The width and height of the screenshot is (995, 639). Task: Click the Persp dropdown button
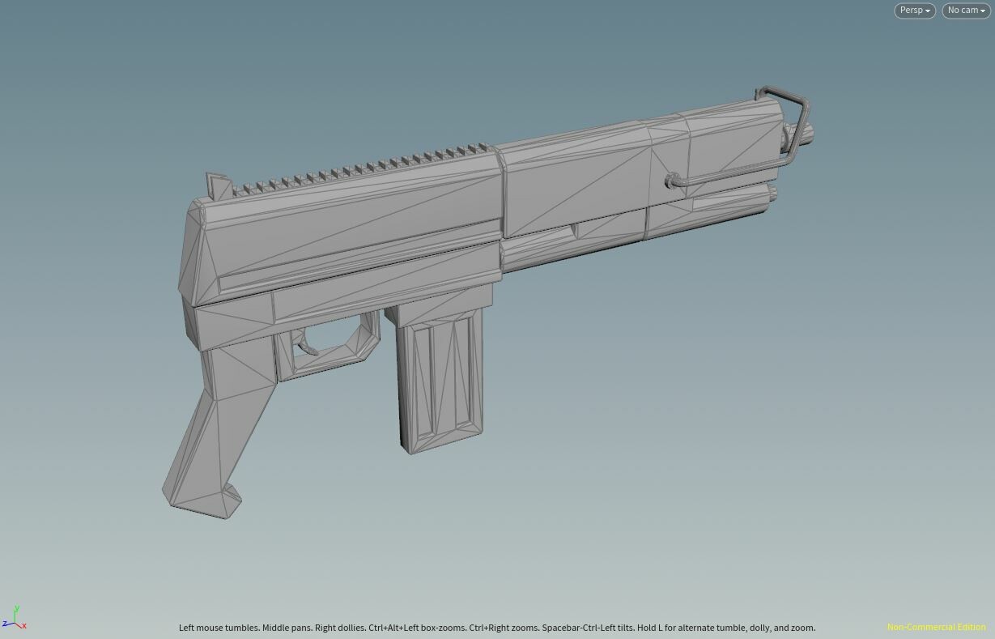pyautogui.click(x=914, y=11)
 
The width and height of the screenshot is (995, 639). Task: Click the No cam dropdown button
pyautogui.click(x=966, y=11)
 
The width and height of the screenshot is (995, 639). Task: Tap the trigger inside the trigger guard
pyautogui.click(x=308, y=347)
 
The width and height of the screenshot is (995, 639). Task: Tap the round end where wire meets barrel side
pyautogui.click(x=671, y=181)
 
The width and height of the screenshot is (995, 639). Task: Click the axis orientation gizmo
pyautogui.click(x=15, y=619)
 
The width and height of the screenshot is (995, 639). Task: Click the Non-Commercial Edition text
pyautogui.click(x=936, y=628)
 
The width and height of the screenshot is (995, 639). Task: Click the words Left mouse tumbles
pyautogui.click(x=219, y=628)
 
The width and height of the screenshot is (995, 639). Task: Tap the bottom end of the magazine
pyautogui.click(x=441, y=444)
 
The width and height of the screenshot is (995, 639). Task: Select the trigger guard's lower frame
pyautogui.click(x=332, y=360)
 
